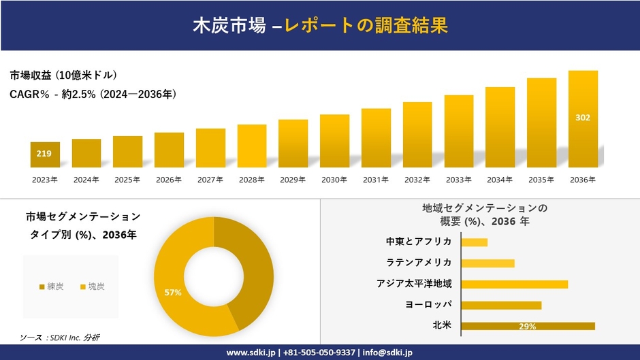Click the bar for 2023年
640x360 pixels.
[x=45, y=155]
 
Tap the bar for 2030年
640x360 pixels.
[x=334, y=141]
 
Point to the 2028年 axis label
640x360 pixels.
[x=251, y=180]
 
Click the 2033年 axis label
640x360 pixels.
[x=458, y=180]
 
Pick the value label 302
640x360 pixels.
[x=583, y=118]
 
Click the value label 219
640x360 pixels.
[x=44, y=154]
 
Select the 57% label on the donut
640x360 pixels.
[x=173, y=293]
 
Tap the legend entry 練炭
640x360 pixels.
[x=52, y=287]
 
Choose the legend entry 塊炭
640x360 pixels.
[x=92, y=287]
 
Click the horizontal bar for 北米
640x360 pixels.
[x=528, y=326]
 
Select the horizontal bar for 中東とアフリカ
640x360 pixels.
[x=474, y=242]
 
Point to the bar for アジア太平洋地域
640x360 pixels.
[x=514, y=284]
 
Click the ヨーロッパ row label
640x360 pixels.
[x=428, y=304]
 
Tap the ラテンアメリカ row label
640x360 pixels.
[x=419, y=263]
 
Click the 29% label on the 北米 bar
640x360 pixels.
[x=527, y=327]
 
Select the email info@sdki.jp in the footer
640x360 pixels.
[x=387, y=353]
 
